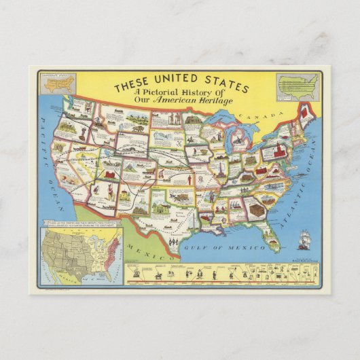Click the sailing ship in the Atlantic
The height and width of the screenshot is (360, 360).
pyautogui.click(x=303, y=239)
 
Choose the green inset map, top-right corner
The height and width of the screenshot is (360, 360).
pyautogui.click(x=297, y=84)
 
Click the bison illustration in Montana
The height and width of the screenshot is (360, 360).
pyautogui.click(x=136, y=126)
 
